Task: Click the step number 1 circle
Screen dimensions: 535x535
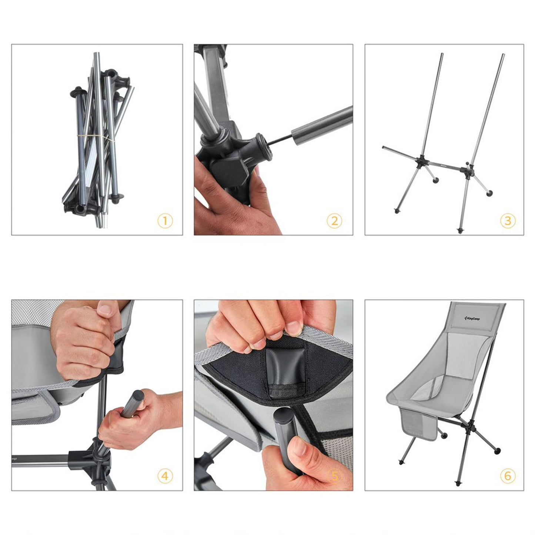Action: (165, 221)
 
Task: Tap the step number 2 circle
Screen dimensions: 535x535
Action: (334, 221)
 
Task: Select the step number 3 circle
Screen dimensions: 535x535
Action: (508, 221)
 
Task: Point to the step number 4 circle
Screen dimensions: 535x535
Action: (165, 476)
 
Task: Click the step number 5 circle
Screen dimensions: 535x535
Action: (334, 476)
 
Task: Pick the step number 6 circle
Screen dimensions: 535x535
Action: (508, 476)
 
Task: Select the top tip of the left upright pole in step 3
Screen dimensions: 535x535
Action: (441, 55)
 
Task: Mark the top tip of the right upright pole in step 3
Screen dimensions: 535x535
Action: (502, 55)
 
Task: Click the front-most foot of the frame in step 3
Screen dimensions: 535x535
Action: (460, 231)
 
